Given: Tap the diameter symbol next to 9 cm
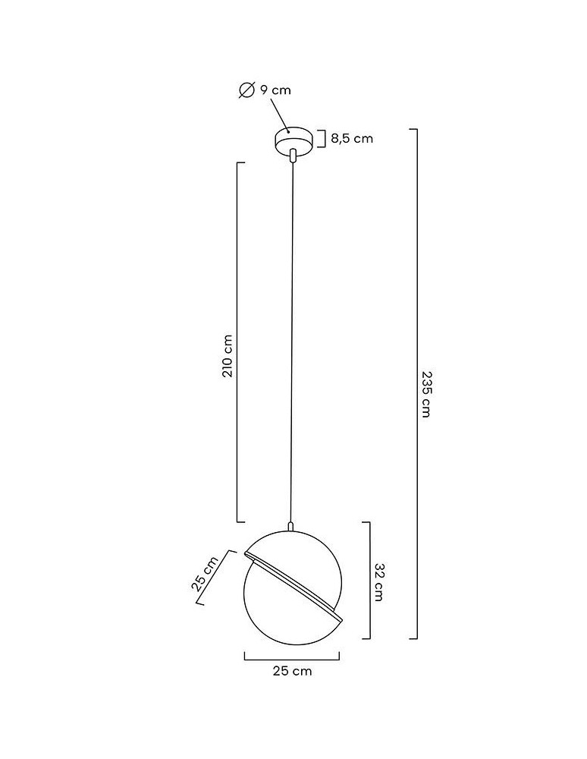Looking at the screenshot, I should pyautogui.click(x=246, y=90).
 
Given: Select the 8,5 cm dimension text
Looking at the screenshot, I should pyautogui.click(x=351, y=138).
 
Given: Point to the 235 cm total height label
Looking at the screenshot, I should pyautogui.click(x=426, y=395).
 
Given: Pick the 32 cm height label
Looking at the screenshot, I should pyautogui.click(x=378, y=582).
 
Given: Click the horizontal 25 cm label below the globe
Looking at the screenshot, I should pyautogui.click(x=292, y=671).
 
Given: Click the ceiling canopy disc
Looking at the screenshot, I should pyautogui.click(x=292, y=141).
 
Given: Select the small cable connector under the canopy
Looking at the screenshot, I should pyautogui.click(x=292, y=156).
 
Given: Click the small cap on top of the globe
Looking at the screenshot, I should pyautogui.click(x=291, y=525).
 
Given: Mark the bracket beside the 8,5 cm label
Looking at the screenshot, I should pyautogui.click(x=322, y=139).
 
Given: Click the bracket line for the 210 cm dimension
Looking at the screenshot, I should pyautogui.click(x=237, y=342).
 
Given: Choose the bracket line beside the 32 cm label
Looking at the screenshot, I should pyautogui.click(x=369, y=580).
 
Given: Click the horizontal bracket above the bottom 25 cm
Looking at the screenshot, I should pyautogui.click(x=292, y=656).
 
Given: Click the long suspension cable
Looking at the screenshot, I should pyautogui.click(x=292, y=342).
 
